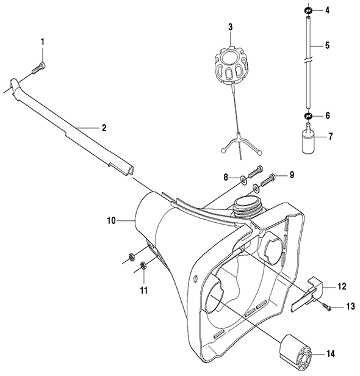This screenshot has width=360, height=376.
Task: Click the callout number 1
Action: [43, 42]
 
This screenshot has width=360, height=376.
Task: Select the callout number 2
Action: [104, 128]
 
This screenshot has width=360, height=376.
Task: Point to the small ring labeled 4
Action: [308, 10]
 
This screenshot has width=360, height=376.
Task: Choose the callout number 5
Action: [327, 45]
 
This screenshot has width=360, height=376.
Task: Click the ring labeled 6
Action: [308, 116]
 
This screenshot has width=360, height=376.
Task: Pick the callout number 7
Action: [331, 137]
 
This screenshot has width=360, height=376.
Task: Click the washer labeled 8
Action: [243, 180]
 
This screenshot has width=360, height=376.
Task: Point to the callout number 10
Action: [111, 220]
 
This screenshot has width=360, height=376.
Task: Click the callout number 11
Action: [143, 291]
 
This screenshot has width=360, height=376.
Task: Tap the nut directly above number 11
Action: [143, 265]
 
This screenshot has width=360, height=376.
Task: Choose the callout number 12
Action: [342, 286]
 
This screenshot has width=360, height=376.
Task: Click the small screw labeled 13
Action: [326, 307]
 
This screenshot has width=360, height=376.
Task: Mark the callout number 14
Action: [331, 353]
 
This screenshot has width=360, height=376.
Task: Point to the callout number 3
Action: [230, 27]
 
